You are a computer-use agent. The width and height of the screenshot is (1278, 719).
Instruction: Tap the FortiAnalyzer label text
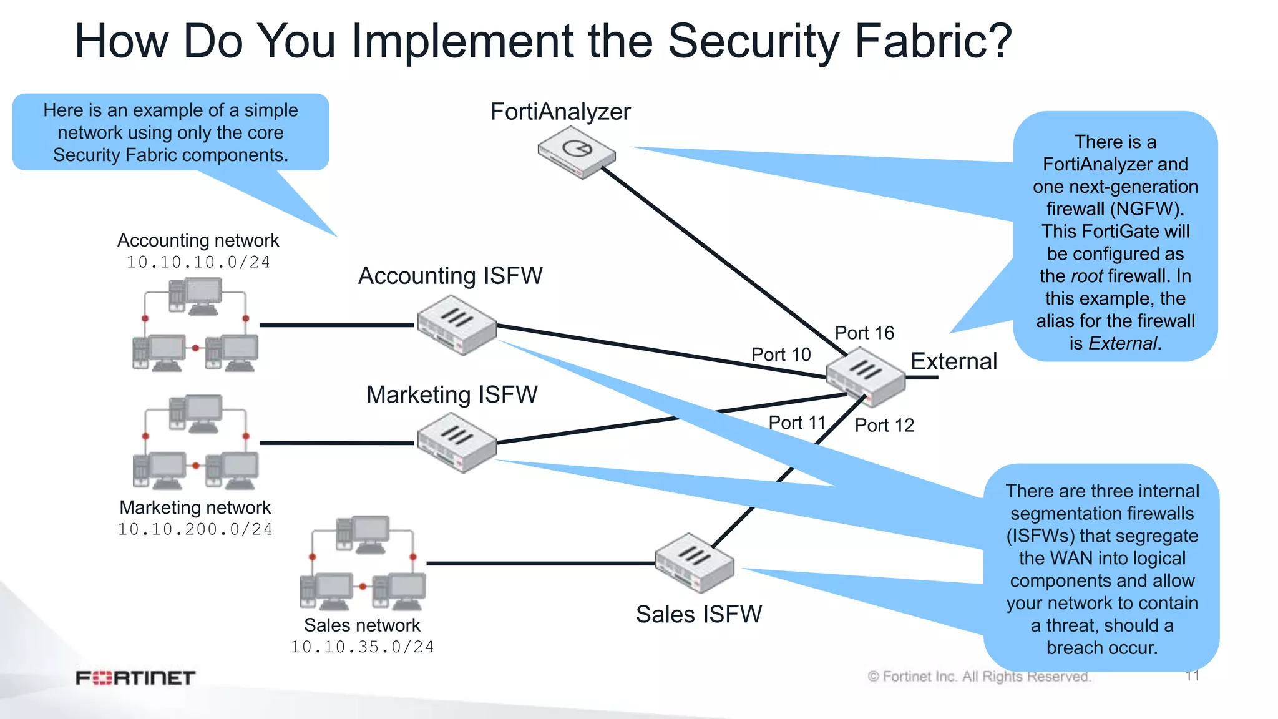tap(560, 112)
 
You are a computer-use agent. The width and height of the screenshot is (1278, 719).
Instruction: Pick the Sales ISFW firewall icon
tap(695, 562)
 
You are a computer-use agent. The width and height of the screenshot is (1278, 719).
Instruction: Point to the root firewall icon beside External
tap(865, 376)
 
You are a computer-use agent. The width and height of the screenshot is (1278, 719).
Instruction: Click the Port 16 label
tap(864, 333)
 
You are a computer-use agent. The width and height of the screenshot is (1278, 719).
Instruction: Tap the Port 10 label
tap(781, 355)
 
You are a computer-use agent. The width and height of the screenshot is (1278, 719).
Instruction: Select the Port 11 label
tap(797, 423)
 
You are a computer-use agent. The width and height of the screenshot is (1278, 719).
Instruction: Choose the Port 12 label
tap(884, 426)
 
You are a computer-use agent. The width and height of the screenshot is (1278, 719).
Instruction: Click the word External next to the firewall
tap(954, 362)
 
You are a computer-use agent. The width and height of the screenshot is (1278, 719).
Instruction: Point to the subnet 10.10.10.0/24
tap(198, 263)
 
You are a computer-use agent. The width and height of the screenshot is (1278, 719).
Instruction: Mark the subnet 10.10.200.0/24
tap(195, 530)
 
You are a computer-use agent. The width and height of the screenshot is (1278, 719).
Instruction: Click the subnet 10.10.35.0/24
tap(362, 647)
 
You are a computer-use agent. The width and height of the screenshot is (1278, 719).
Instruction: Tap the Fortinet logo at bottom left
tap(135, 678)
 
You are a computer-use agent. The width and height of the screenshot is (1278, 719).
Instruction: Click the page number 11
tap(1192, 676)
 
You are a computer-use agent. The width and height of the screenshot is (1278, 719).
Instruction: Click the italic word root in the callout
tap(1086, 276)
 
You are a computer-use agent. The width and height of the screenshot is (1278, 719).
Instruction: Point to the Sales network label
tap(362, 625)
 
